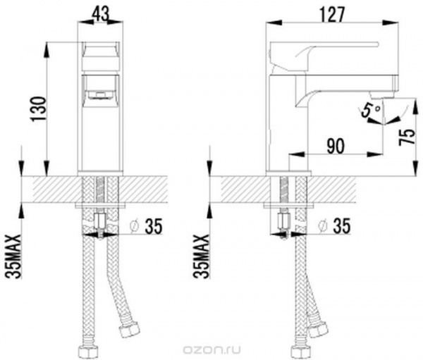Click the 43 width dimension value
click(x=101, y=14)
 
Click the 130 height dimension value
click(x=39, y=109)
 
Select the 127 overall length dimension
click(x=331, y=15)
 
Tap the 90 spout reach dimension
click(x=336, y=146)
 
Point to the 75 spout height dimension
click(x=406, y=137)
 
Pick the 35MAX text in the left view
click(x=13, y=256)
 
